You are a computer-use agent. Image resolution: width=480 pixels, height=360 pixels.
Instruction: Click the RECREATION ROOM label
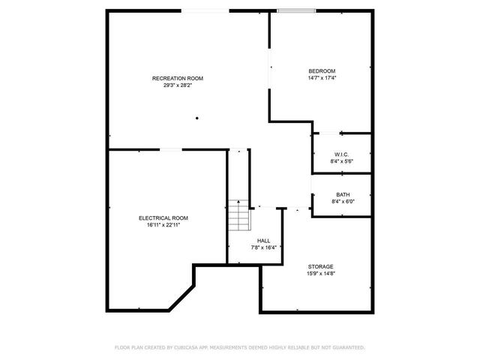[x=177, y=78]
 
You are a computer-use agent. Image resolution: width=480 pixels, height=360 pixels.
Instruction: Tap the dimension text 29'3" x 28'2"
[x=177, y=85]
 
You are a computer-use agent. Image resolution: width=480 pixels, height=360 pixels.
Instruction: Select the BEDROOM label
[x=322, y=71]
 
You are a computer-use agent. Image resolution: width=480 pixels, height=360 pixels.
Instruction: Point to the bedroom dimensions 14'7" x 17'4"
[x=322, y=78]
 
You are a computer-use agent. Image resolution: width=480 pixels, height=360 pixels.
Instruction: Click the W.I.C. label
[x=342, y=154]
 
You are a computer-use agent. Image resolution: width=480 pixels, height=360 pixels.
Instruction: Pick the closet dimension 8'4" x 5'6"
[x=342, y=161]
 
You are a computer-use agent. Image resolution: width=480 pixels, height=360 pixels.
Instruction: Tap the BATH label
[x=342, y=194]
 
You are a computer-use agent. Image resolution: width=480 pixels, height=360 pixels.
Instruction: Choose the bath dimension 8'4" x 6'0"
[x=342, y=201]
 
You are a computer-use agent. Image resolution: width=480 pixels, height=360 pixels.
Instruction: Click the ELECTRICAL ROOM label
[x=163, y=217]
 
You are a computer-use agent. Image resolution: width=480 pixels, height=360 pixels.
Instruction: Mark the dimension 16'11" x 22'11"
[x=163, y=224]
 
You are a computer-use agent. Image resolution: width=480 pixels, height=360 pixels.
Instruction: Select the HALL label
[x=264, y=241]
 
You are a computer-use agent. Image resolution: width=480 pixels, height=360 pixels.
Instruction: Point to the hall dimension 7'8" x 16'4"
[x=264, y=247]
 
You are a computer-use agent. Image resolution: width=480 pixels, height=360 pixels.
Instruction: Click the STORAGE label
[x=321, y=266]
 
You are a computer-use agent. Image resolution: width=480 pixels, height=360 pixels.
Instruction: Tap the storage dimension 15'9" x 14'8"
[x=321, y=273]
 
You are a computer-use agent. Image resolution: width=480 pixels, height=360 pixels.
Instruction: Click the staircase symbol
[x=238, y=215]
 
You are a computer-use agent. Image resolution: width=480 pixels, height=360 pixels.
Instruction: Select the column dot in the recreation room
[x=197, y=118]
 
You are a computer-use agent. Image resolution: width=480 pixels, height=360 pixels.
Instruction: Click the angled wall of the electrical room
[x=180, y=297]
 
